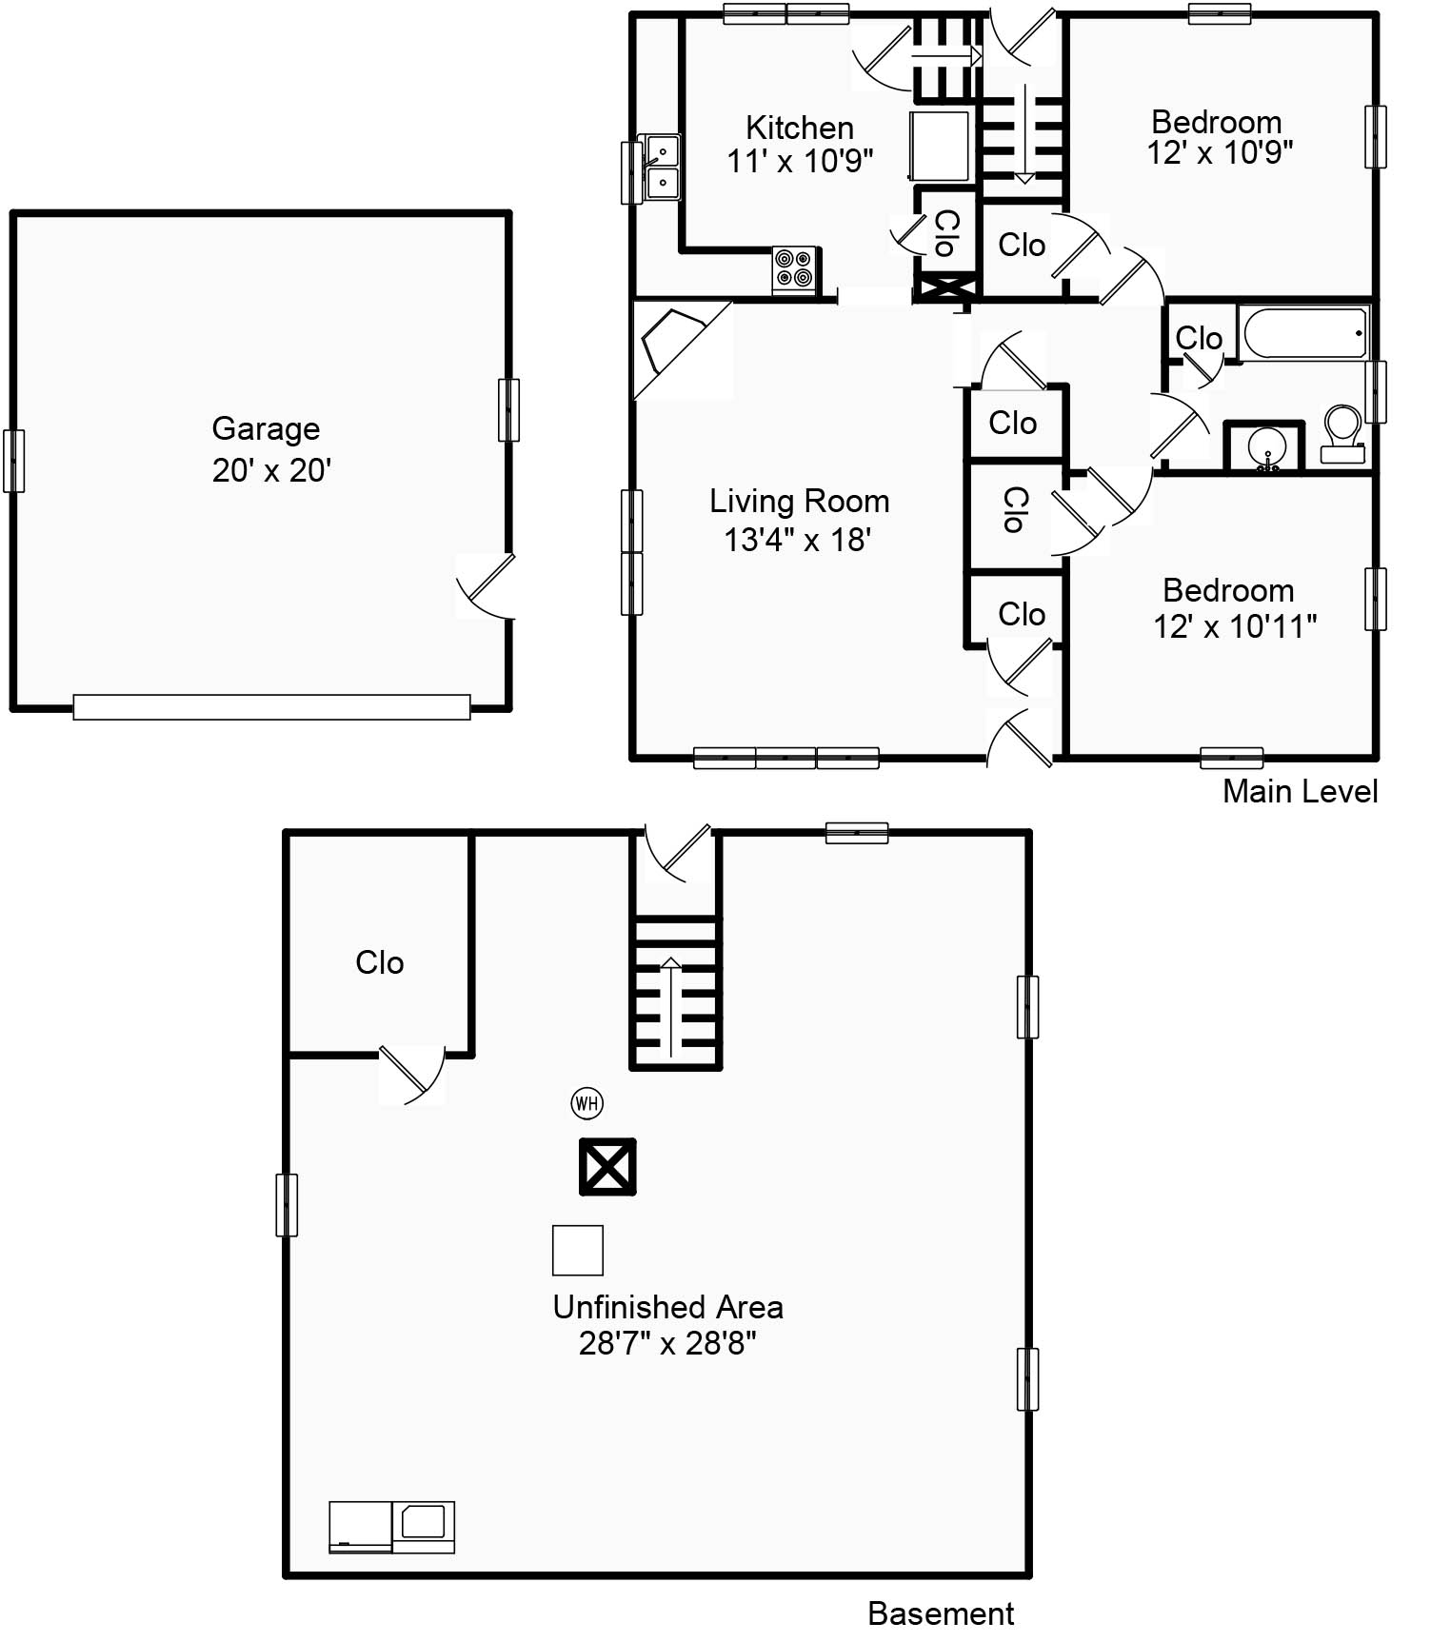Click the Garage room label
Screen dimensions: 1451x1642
coord(266,429)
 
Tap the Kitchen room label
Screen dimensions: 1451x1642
coord(800,128)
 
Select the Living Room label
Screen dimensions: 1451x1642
coord(800,501)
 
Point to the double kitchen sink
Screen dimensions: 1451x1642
coord(663,168)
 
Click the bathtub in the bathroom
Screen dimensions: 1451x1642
coord(1303,332)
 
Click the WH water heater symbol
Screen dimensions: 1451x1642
coord(586,1103)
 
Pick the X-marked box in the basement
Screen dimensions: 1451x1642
coord(607,1167)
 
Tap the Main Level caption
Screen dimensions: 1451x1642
coord(1300,791)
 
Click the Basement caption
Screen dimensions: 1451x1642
coord(941,1613)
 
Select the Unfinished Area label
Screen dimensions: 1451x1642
coord(668,1307)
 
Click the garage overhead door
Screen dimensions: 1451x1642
coord(271,707)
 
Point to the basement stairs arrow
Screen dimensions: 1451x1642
coord(671,1007)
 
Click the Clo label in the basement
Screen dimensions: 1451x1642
coord(380,962)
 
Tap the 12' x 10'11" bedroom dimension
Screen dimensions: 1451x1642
coord(1235,626)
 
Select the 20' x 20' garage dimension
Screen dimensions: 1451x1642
coord(271,470)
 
